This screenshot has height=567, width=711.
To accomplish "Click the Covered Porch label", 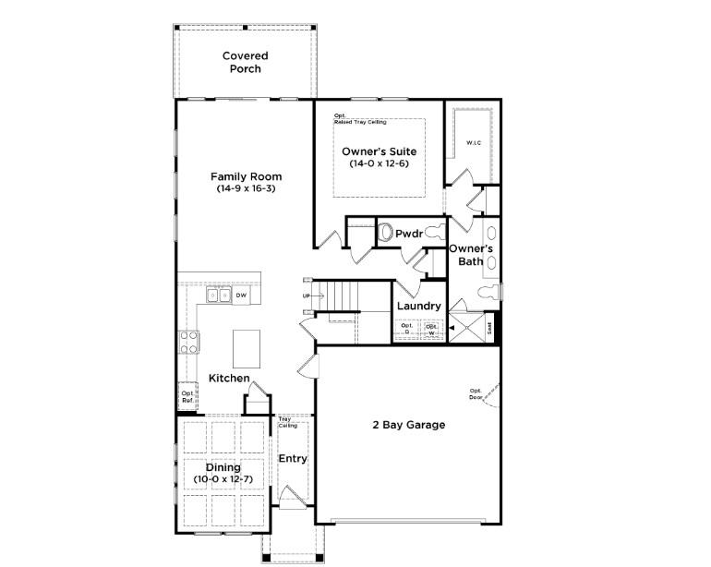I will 246,63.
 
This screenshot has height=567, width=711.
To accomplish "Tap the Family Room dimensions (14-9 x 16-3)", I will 246,188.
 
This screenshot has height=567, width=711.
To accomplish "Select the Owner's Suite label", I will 379,151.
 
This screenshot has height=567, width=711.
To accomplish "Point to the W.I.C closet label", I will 474,143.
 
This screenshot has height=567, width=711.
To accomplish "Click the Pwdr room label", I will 408,234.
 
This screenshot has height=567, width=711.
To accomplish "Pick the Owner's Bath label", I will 471,255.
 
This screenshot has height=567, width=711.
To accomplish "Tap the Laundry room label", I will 417,307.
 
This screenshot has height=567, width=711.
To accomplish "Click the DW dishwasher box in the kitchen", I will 240,296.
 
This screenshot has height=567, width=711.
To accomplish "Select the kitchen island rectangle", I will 247,348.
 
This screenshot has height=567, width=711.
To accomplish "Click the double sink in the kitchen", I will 218,296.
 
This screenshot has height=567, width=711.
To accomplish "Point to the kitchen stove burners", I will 189,342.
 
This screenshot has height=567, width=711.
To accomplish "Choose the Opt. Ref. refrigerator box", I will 187,396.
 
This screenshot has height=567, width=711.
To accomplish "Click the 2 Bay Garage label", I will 408,425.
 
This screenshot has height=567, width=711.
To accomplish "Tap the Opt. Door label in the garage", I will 476,393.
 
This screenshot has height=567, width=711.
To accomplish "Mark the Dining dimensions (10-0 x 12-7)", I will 223,479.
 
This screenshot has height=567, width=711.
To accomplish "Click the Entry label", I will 293,459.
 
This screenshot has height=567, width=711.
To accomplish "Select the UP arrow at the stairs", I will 307,296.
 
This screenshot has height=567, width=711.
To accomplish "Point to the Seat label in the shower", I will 490,327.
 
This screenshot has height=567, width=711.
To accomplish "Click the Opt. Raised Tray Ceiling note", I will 360,119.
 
